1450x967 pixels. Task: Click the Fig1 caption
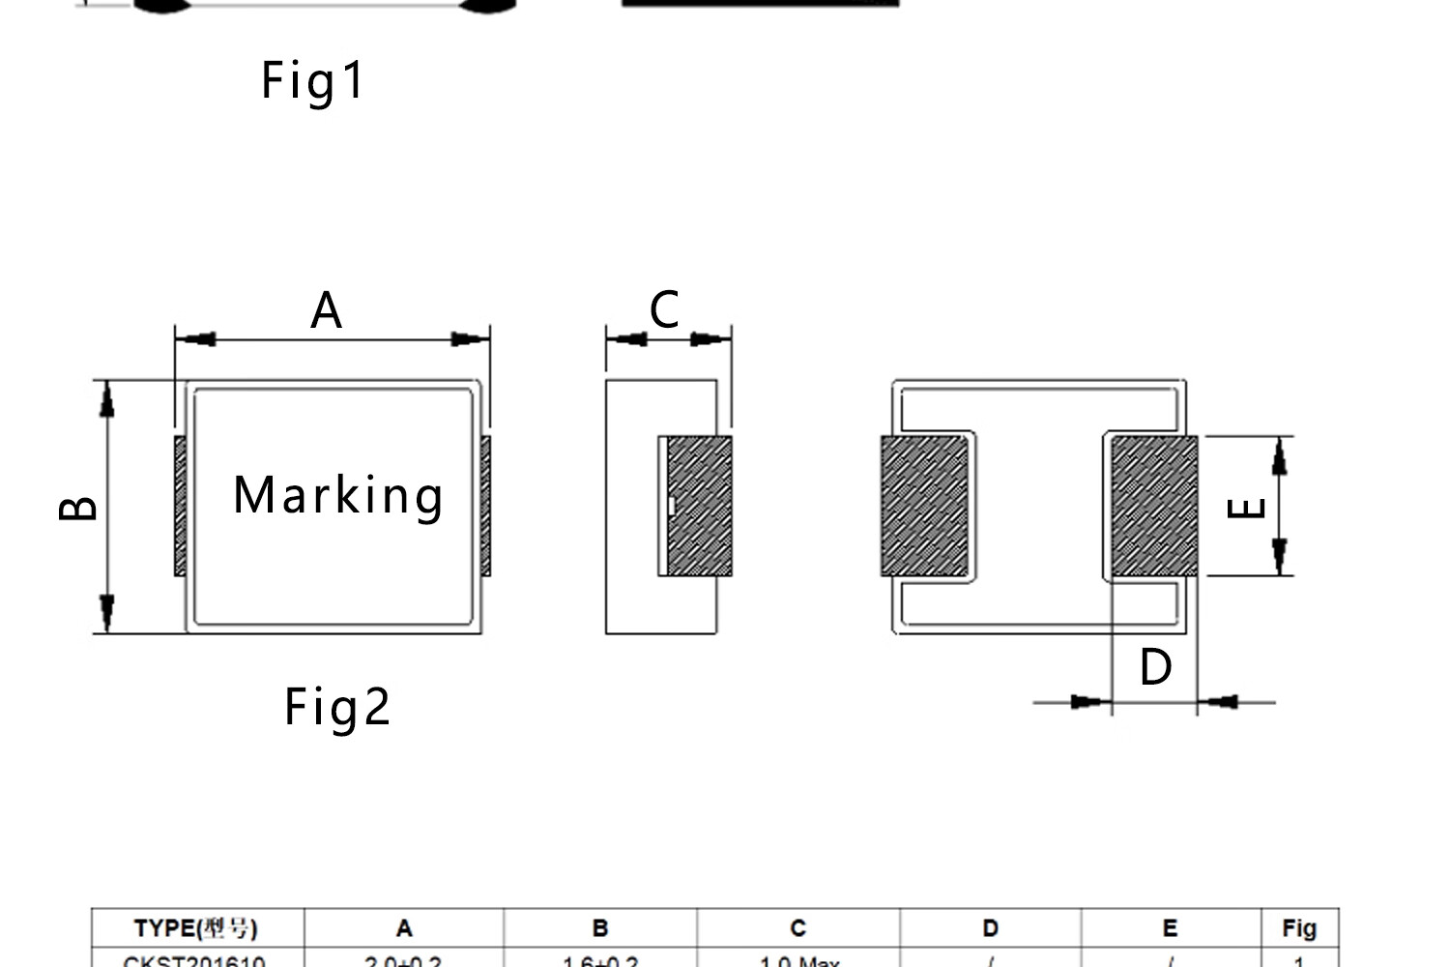click(x=312, y=80)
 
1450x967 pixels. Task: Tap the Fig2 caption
click(x=336, y=707)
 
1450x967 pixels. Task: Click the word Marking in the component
click(x=338, y=496)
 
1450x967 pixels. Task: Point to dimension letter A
click(x=327, y=310)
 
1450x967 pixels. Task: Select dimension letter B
click(x=78, y=508)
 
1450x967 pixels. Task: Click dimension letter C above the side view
click(x=664, y=310)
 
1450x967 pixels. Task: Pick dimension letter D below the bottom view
click(x=1155, y=667)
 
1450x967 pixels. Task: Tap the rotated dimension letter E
click(x=1246, y=508)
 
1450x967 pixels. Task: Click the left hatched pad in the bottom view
click(x=924, y=506)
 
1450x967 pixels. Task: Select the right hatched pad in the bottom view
click(x=1154, y=506)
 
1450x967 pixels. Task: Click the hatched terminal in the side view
click(x=699, y=506)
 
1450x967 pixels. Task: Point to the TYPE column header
click(x=196, y=928)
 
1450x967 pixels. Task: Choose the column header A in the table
click(x=404, y=928)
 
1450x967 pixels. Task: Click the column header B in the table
click(x=600, y=928)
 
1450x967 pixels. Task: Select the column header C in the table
click(x=797, y=928)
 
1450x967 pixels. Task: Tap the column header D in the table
click(x=990, y=928)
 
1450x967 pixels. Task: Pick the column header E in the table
click(x=1170, y=928)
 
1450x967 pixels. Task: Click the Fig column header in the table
click(x=1299, y=928)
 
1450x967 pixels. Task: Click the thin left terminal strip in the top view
click(x=180, y=506)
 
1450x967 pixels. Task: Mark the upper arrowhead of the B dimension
click(x=107, y=398)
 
